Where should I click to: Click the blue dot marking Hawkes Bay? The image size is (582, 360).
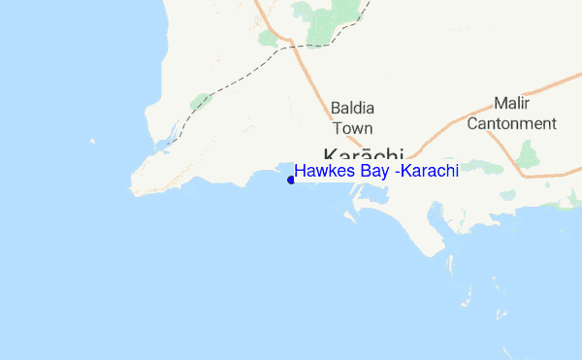(x=291, y=179)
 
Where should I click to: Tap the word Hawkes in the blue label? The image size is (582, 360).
(x=320, y=171)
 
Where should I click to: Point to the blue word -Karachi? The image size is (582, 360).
(x=421, y=171)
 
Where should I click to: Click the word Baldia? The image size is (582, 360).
(x=352, y=108)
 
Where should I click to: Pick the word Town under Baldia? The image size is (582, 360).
(x=352, y=127)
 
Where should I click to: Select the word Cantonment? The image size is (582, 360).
(x=511, y=123)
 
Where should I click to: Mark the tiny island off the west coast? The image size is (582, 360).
(x=93, y=142)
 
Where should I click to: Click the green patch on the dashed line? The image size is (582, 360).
(x=201, y=100)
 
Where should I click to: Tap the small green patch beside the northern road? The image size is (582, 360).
(x=267, y=38)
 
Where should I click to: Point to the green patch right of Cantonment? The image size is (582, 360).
(x=529, y=153)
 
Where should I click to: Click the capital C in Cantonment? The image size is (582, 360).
(x=472, y=123)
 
